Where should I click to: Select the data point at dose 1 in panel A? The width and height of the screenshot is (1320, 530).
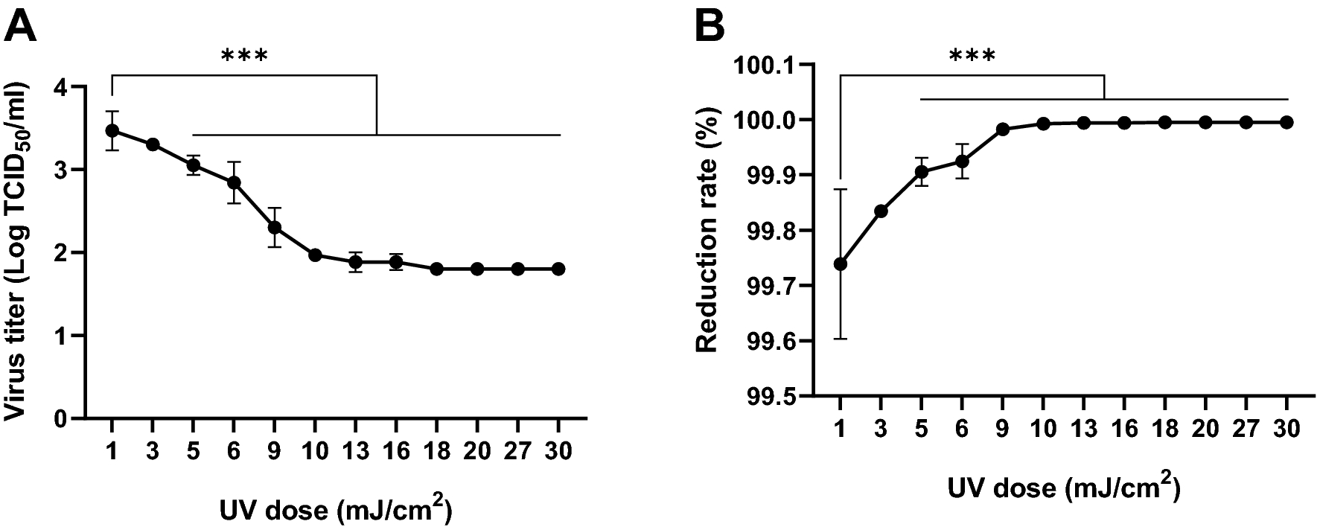click(x=112, y=130)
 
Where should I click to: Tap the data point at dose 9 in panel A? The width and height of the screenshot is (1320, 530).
click(x=274, y=227)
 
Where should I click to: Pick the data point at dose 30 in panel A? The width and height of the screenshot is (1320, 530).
click(x=558, y=269)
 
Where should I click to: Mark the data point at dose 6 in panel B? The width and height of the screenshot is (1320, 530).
click(x=962, y=161)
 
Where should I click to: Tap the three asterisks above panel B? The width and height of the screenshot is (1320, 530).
click(x=972, y=57)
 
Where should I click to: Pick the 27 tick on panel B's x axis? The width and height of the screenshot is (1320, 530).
click(x=1246, y=430)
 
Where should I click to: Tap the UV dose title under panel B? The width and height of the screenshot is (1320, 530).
click(x=1063, y=488)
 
